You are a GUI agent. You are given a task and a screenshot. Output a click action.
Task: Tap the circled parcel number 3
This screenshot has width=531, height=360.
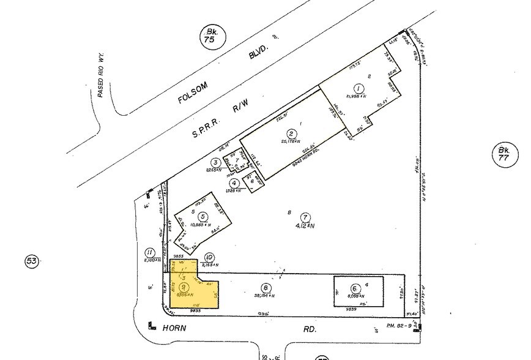pyautogui.click(x=216, y=162)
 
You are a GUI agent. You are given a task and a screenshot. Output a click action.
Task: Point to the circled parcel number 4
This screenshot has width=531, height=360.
pyautogui.click(x=234, y=182)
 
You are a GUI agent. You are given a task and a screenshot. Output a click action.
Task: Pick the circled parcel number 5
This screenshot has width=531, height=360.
pyautogui.click(x=202, y=216)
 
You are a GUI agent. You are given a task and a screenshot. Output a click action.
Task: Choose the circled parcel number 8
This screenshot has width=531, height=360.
pyautogui.click(x=265, y=287)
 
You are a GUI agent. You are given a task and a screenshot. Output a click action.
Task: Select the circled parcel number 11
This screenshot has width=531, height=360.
pyautogui.click(x=149, y=252)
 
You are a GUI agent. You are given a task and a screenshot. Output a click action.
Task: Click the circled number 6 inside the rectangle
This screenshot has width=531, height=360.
pyautogui.click(x=354, y=289)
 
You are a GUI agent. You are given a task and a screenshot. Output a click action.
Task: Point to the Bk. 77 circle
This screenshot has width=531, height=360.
pyautogui.click(x=504, y=153)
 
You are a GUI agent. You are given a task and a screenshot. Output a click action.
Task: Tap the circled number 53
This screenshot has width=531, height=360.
pyautogui.click(x=32, y=262)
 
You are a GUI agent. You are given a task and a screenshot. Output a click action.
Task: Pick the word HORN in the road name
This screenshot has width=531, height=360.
pyautogui.click(x=176, y=328)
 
